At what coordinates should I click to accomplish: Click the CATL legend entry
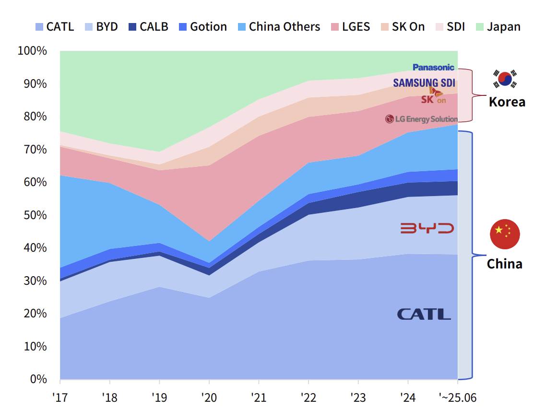[x=55, y=26]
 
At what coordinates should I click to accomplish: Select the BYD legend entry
[x=101, y=26]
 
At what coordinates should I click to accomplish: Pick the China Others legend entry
[x=279, y=26]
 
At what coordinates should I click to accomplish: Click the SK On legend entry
[x=403, y=26]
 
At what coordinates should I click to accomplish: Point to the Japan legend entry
[x=498, y=26]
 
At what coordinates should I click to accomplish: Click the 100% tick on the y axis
[x=32, y=51]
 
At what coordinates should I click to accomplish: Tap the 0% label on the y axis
[x=37, y=379]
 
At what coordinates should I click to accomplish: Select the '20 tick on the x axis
[x=209, y=397]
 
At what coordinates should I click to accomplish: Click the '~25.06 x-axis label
[x=458, y=397]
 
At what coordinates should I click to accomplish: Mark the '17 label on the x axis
[x=60, y=397]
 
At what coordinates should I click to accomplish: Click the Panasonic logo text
[x=433, y=68]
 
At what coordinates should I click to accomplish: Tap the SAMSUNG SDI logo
[x=424, y=82]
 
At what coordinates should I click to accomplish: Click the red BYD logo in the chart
[x=427, y=228]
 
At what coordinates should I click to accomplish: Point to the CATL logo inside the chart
[x=424, y=314]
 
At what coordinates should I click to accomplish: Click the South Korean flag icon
[x=505, y=79]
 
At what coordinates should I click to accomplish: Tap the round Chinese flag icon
[x=505, y=234]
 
